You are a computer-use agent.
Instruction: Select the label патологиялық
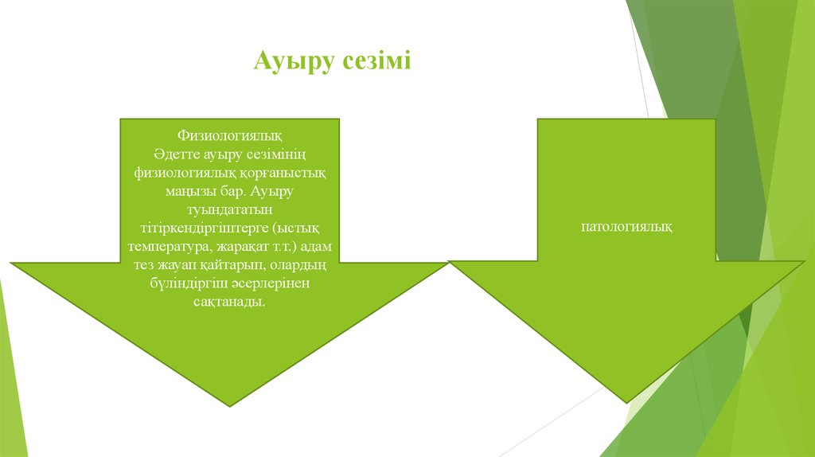[626, 227]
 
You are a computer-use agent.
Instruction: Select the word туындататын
[229, 209]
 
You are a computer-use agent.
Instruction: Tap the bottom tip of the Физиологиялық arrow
[230, 406]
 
